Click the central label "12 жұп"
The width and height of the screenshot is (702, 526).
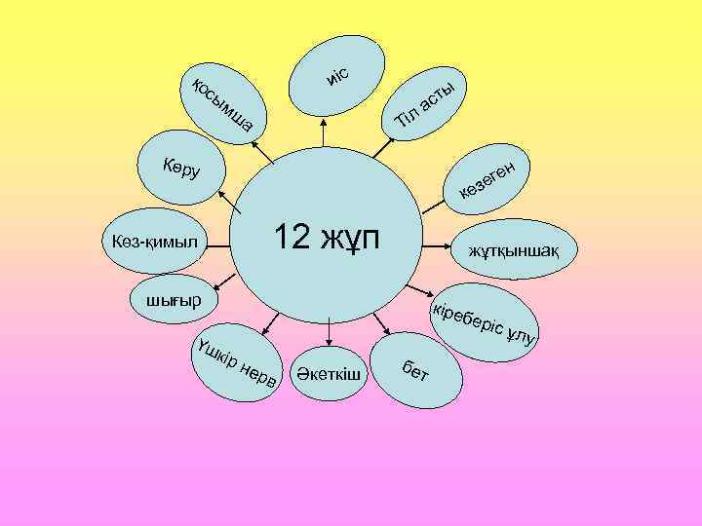click(329, 238)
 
